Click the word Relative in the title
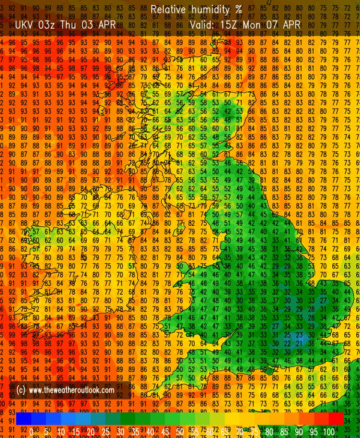pyautogui.click(x=166, y=9)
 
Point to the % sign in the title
pyautogui.click(x=238, y=9)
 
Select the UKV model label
pyautogui.click(x=25, y=25)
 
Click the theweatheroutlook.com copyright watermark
pyautogui.click(x=66, y=390)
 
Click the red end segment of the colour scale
pyautogui.click(x=337, y=419)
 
